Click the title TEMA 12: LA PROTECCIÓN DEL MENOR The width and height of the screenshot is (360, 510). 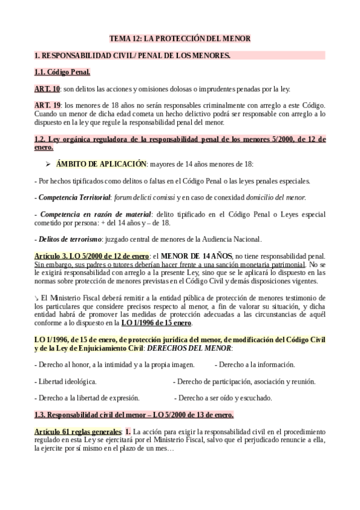click(x=180, y=38)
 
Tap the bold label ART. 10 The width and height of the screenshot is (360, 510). click(x=47, y=89)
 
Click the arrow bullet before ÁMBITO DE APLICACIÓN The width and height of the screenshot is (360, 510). click(x=49, y=164)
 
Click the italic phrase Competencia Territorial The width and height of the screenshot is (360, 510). click(x=75, y=197)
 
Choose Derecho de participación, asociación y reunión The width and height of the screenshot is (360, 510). click(x=244, y=381)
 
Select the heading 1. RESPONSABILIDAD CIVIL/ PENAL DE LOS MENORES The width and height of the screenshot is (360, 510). click(x=132, y=56)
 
